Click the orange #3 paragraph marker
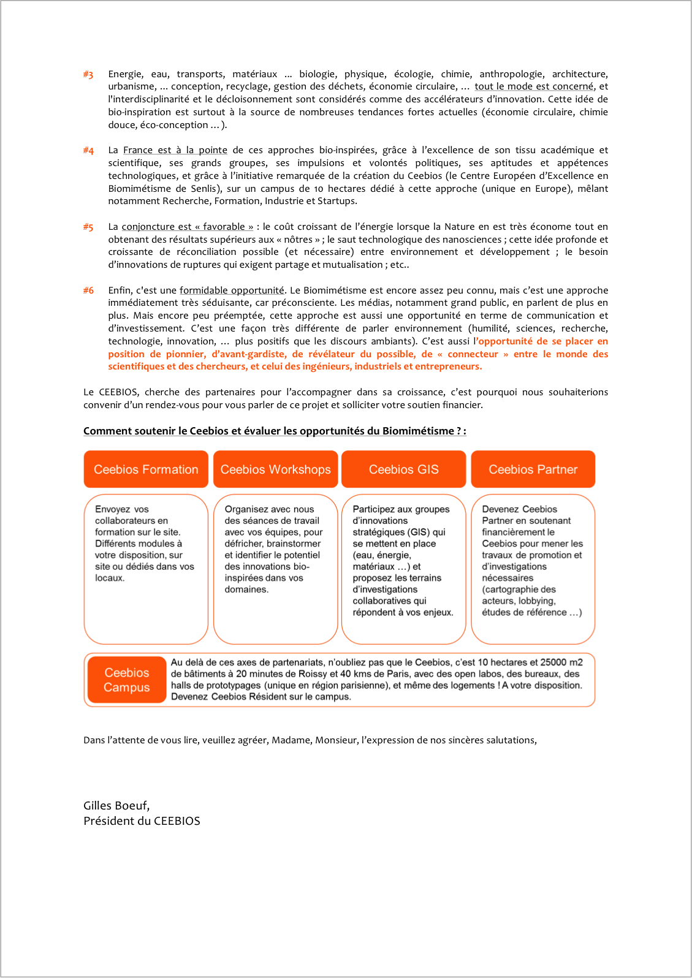[88, 75]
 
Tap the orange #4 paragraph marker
[88, 151]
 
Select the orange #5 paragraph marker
[88, 227]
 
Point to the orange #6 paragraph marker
[88, 290]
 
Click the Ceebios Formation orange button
[146, 469]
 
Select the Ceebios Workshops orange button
[275, 469]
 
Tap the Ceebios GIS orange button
[403, 469]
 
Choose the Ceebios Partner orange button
[533, 469]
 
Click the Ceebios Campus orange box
[127, 680]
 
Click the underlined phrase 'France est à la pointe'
[175, 150]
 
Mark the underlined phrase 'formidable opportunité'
[232, 290]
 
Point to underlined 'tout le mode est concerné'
[534, 86]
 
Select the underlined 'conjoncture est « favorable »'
[188, 227]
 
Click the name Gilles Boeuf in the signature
[116, 806]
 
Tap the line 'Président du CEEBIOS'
[142, 821]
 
